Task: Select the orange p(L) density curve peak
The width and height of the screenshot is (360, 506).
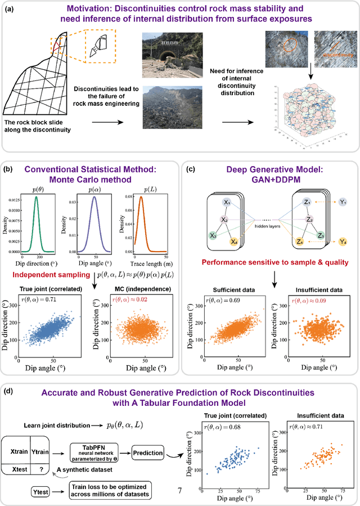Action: (142, 197)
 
